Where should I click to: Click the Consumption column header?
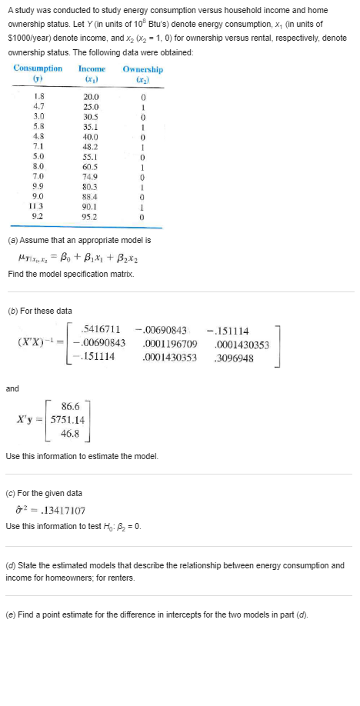[38, 68]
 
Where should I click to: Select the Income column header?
[92, 68]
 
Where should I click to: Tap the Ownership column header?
[142, 68]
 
